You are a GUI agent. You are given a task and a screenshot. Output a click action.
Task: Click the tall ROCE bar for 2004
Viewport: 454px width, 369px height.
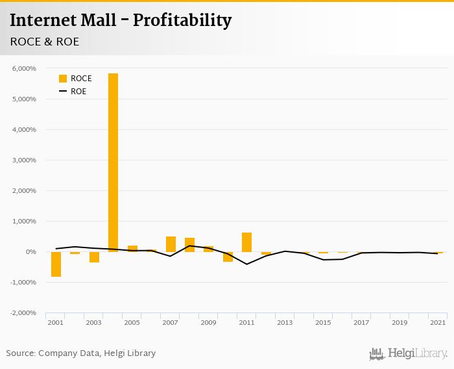(113, 162)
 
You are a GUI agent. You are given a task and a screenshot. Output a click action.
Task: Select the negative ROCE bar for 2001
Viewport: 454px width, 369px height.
(56, 264)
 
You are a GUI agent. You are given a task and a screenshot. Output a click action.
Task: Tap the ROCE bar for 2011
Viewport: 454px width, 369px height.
(246, 242)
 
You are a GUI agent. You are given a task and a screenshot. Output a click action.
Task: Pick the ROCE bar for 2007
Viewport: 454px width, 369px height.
(171, 244)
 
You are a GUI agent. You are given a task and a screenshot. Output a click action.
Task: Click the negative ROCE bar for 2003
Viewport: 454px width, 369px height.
(94, 257)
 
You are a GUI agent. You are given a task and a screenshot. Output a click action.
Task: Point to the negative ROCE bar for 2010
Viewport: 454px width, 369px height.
(228, 257)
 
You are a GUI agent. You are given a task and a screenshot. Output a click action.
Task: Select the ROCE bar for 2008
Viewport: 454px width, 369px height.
(189, 245)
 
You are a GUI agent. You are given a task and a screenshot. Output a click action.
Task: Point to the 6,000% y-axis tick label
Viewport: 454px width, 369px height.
(24, 68)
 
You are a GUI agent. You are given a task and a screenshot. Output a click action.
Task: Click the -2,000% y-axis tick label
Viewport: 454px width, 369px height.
(23, 313)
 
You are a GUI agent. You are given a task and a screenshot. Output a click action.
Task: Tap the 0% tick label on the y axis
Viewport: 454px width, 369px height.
(30, 252)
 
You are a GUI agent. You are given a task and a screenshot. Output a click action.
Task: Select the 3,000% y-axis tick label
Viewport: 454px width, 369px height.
(24, 160)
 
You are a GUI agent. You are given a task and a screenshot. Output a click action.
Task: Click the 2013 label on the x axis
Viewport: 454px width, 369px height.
(285, 323)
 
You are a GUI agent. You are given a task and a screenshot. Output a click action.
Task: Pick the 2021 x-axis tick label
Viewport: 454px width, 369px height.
(438, 323)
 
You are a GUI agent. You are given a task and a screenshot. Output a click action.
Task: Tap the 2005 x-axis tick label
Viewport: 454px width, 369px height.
(132, 323)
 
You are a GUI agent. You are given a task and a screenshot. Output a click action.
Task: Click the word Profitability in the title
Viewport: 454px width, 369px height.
(182, 21)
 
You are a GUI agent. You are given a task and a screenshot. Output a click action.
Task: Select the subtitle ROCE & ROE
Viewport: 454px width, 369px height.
(44, 42)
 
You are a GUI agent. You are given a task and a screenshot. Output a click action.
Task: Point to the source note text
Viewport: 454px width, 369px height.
(81, 353)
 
